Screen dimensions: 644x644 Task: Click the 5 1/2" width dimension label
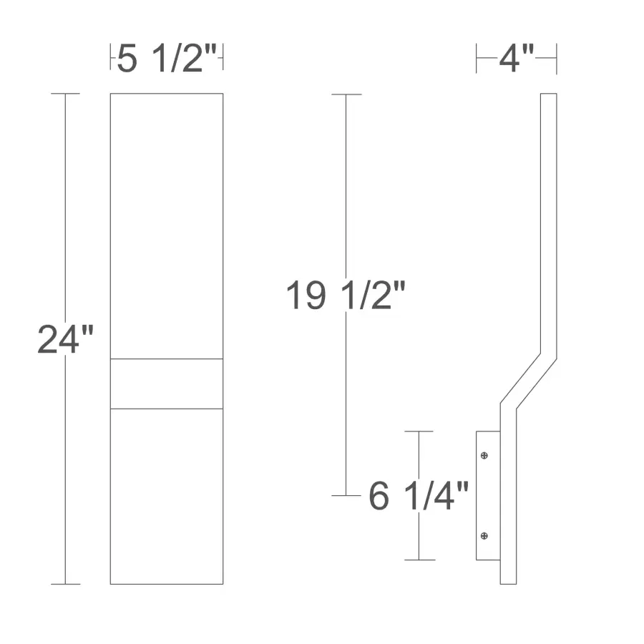(166, 59)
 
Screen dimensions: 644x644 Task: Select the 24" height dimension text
(66, 339)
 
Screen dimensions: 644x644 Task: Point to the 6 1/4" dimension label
(419, 496)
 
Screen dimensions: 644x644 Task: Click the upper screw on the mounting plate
(485, 455)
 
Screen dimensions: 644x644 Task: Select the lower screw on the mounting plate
(485, 535)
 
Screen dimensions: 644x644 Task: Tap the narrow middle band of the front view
(166, 384)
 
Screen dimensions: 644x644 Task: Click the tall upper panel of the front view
(166, 225)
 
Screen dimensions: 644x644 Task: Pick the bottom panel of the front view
(166, 496)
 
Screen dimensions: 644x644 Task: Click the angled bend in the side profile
(528, 381)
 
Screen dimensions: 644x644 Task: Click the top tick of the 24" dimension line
(65, 94)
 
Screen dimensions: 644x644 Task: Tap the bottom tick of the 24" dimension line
(65, 584)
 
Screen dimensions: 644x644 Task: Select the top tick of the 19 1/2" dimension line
(347, 94)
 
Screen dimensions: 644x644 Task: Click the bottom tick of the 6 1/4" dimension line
(419, 560)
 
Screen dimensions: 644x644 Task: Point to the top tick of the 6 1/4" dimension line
(419, 431)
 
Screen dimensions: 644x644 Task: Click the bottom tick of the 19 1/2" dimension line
(347, 495)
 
